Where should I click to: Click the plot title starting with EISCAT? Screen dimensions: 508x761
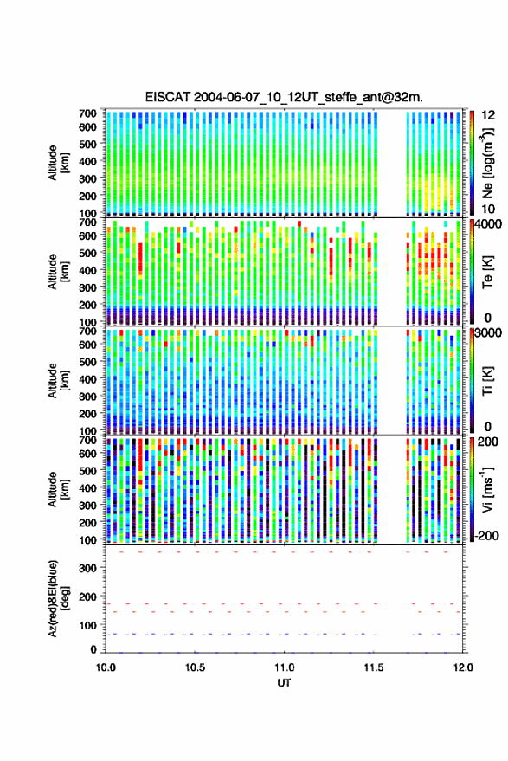click(284, 97)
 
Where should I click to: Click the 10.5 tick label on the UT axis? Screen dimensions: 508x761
click(195, 667)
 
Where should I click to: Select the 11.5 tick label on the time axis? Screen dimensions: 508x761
click(374, 667)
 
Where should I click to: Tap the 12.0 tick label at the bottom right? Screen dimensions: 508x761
click(463, 667)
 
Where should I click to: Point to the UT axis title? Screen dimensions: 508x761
click(284, 683)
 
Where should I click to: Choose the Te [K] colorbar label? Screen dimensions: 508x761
click(487, 272)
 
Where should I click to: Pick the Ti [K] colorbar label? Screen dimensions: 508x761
click(487, 381)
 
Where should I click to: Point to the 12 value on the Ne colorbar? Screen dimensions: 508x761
click(489, 115)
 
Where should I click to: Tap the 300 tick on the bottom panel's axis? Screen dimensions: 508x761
click(87, 568)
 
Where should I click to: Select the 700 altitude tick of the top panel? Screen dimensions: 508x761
click(87, 113)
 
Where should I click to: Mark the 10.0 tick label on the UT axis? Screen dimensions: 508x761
click(106, 667)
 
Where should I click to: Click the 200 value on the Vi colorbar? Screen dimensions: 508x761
click(487, 442)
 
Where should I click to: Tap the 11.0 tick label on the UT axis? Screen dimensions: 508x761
click(284, 667)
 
